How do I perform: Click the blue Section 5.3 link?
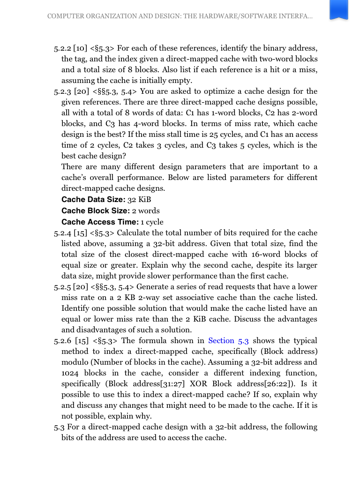click(x=228, y=341)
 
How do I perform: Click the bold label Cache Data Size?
click(x=93, y=200)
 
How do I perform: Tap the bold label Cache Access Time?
click(x=100, y=222)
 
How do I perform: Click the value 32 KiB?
click(x=139, y=200)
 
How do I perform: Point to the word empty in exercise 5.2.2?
click(x=180, y=81)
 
